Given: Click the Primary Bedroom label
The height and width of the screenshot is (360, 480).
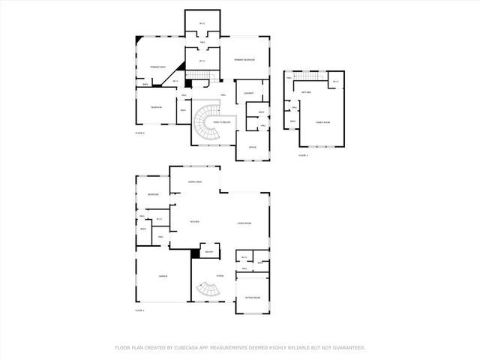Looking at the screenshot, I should pyautogui.click(x=244, y=59).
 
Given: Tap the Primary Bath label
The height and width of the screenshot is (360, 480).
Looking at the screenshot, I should pyautogui.click(x=157, y=67).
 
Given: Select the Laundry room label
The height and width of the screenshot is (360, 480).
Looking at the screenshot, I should pyautogui.click(x=248, y=94).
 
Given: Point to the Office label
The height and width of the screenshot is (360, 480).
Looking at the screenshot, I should pyautogui.click(x=252, y=147).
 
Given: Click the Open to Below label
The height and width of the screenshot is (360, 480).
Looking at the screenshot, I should pyautogui.click(x=222, y=121).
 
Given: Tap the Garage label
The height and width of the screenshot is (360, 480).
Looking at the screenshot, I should pyautogui.click(x=162, y=276).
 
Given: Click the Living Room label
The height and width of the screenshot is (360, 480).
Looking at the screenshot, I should pyautogui.click(x=244, y=223).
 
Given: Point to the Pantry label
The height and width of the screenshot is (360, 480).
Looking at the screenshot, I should pyautogui.click(x=209, y=252).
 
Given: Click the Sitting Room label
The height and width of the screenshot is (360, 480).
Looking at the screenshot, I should pyautogui.click(x=252, y=297).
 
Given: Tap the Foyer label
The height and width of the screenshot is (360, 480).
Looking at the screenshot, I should pyautogui.click(x=220, y=276).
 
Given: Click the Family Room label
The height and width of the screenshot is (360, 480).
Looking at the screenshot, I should pyautogui.click(x=322, y=121).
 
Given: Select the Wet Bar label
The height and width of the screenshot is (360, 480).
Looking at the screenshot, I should pyautogui.click(x=306, y=92).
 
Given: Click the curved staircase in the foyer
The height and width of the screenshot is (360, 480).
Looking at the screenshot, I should pyautogui.click(x=204, y=289).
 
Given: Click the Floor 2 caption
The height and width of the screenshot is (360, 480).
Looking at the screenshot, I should pyautogui.click(x=139, y=132).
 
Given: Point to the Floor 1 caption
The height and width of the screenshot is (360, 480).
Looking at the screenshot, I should pyautogui.click(x=139, y=310).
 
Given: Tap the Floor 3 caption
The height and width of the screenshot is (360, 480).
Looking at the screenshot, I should pyautogui.click(x=303, y=154).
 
